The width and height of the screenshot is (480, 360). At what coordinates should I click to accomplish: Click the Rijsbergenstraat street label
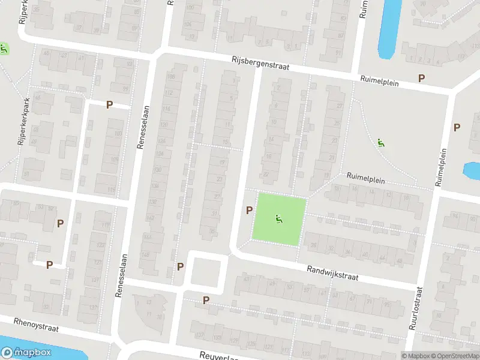pos(260,64)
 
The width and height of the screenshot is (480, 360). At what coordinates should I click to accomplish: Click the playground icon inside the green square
pos(278,220)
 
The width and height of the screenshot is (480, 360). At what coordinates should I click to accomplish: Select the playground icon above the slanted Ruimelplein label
pos(380,143)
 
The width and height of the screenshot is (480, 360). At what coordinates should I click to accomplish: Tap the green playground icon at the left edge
pos(4,49)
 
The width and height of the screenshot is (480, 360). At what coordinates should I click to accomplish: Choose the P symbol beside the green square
pos(249,210)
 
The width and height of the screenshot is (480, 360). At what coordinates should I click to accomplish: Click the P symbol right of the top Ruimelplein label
pos(421,79)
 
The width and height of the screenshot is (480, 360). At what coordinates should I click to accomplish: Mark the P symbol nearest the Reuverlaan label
pos(206,300)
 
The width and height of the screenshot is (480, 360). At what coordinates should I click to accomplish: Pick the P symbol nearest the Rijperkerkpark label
pos(109,104)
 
